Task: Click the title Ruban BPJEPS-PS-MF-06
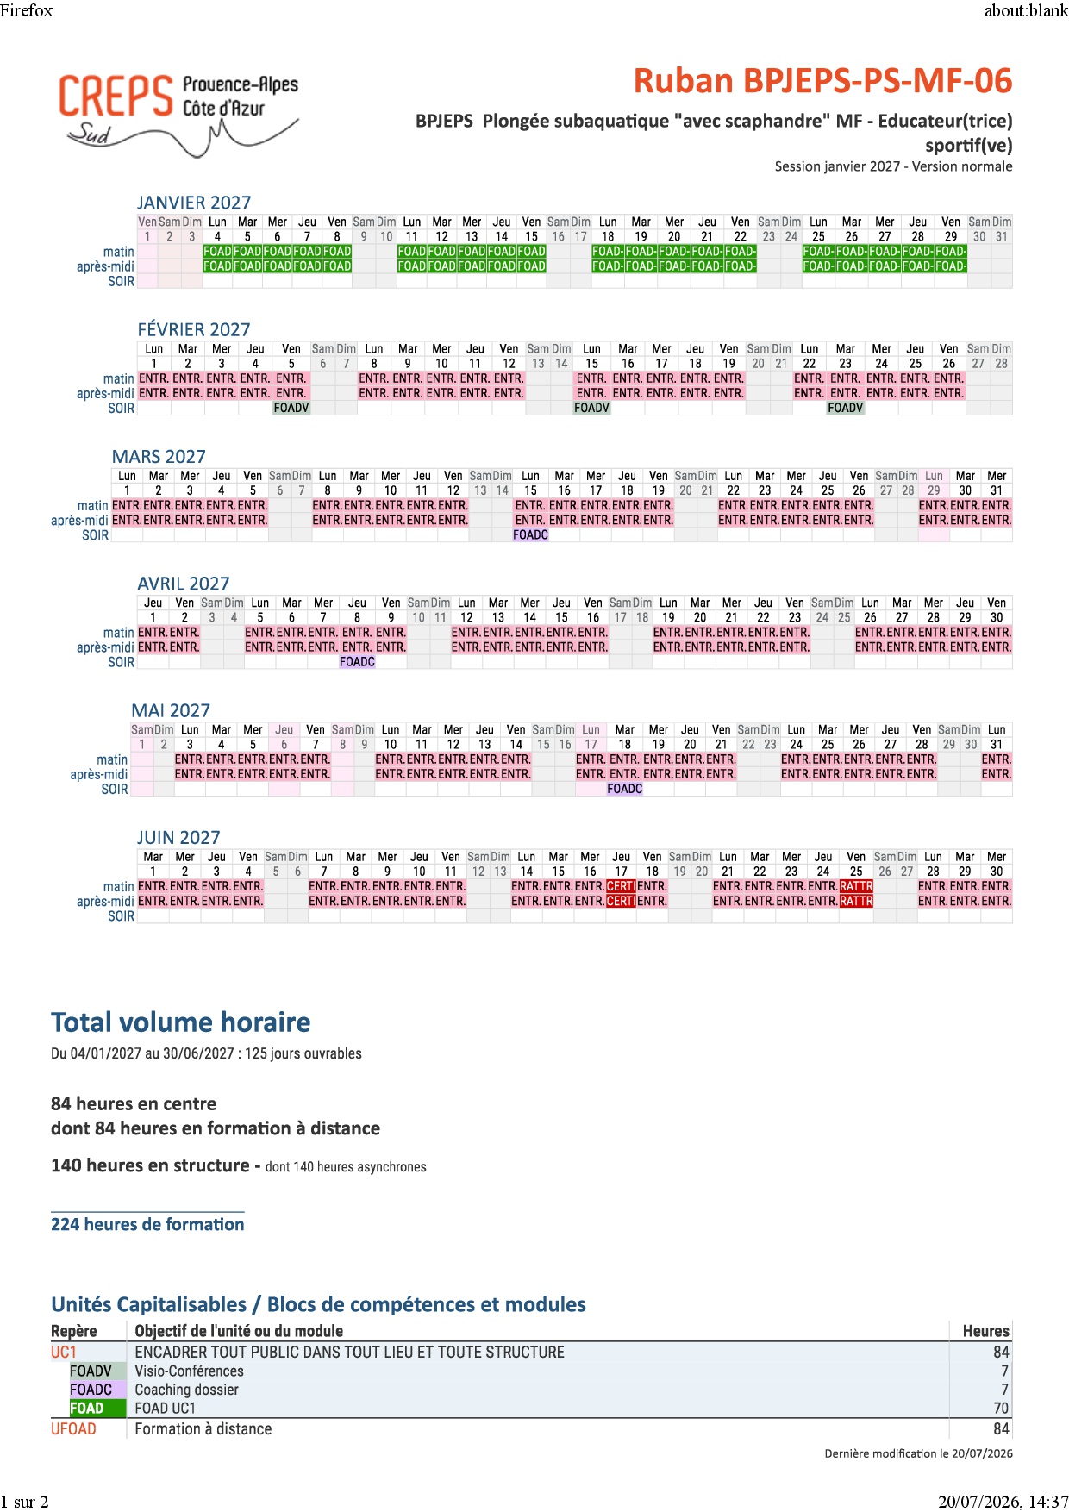[x=822, y=81]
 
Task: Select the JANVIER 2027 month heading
[x=194, y=203]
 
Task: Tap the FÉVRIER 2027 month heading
[x=194, y=329]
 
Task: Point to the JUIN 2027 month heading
[x=178, y=837]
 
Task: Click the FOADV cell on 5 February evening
[x=291, y=408]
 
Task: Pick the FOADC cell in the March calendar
[x=530, y=534]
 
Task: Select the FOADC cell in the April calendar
[x=357, y=661]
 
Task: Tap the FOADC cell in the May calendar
[x=624, y=789]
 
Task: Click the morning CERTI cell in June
[x=621, y=886]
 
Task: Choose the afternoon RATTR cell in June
[x=856, y=901]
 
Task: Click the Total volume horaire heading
[x=181, y=1022]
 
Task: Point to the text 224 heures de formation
[x=147, y=1224]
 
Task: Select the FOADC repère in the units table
[x=91, y=1390]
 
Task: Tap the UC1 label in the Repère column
[x=64, y=1352]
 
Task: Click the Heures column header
[x=985, y=1331]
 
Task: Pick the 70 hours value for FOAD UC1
[x=1001, y=1408]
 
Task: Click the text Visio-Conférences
[x=189, y=1371]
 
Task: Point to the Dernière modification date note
[x=918, y=1453]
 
